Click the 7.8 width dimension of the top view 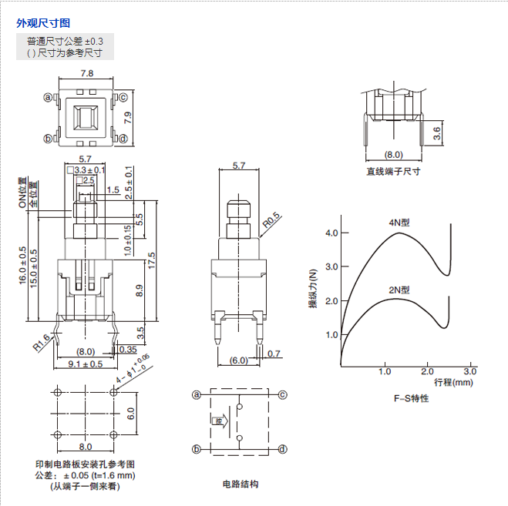(87, 74)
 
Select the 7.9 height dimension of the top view (129, 119)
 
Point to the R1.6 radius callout (42, 341)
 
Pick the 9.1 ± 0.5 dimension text (86, 364)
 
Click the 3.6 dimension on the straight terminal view (438, 133)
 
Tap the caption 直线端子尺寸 (394, 172)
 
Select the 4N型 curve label (399, 223)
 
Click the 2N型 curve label (399, 290)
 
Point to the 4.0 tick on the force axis (331, 233)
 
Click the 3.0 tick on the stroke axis (469, 371)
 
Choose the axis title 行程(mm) (454, 382)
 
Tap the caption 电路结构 (240, 484)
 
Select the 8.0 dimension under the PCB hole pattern (85, 446)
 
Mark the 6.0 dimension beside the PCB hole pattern (130, 413)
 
